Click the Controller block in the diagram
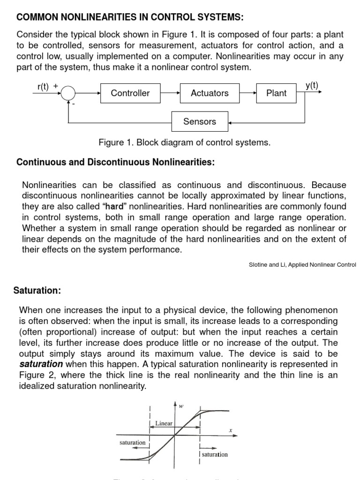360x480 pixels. click(x=130, y=93)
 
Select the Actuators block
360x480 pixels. click(x=210, y=93)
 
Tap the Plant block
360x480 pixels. click(x=276, y=93)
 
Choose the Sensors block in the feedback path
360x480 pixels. click(x=200, y=121)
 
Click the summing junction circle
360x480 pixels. click(x=68, y=93)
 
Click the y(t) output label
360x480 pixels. click(x=312, y=85)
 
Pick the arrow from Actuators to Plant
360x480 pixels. click(x=248, y=93)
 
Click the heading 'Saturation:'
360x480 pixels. click(x=37, y=291)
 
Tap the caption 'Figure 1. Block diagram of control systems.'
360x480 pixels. click(x=185, y=142)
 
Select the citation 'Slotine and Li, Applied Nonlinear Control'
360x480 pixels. click(x=302, y=265)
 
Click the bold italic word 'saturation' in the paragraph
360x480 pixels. click(x=41, y=364)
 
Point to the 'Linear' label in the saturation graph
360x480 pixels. click(x=164, y=423)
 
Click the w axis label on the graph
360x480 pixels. click(x=180, y=406)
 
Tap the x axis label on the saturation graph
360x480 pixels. click(x=231, y=430)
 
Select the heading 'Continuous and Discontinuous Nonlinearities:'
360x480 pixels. click(x=115, y=162)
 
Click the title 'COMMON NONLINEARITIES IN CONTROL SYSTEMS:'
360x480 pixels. click(x=130, y=18)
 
